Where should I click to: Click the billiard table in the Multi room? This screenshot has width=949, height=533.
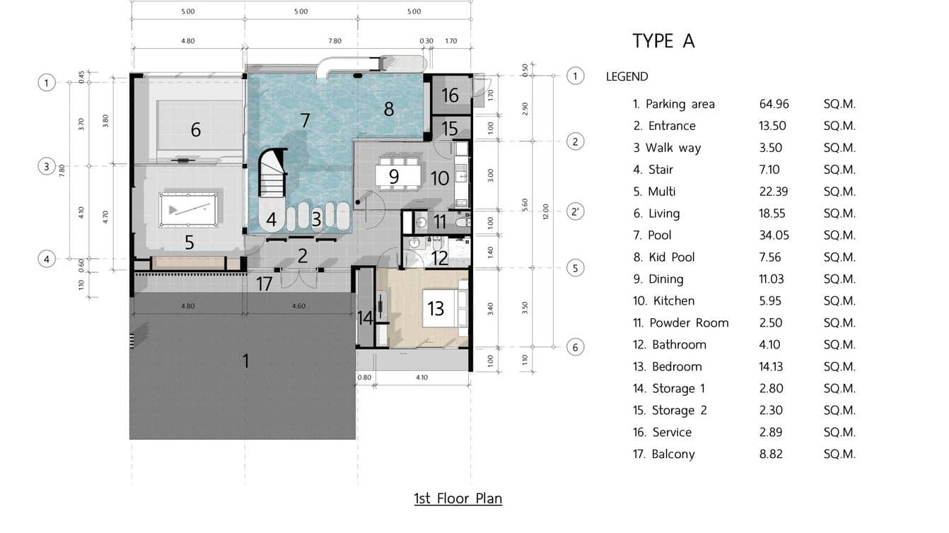click(x=185, y=209)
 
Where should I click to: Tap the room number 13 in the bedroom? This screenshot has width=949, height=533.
click(x=436, y=307)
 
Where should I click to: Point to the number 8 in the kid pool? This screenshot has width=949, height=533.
click(x=388, y=109)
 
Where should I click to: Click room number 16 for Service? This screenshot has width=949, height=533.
click(x=450, y=95)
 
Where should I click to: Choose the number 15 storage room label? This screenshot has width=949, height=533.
click(x=450, y=129)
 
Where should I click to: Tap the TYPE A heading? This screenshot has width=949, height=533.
click(x=663, y=41)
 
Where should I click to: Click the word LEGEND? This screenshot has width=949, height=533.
click(x=627, y=76)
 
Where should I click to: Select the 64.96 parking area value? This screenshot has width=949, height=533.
click(x=774, y=104)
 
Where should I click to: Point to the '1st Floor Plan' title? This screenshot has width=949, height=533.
click(x=458, y=498)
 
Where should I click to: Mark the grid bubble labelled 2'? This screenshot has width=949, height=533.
click(x=576, y=211)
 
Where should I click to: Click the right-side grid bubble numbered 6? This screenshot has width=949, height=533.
click(x=576, y=347)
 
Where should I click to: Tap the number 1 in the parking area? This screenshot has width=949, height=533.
click(x=245, y=361)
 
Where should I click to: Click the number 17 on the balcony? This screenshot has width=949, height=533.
click(x=264, y=284)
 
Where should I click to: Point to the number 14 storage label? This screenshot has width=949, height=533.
click(x=365, y=317)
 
